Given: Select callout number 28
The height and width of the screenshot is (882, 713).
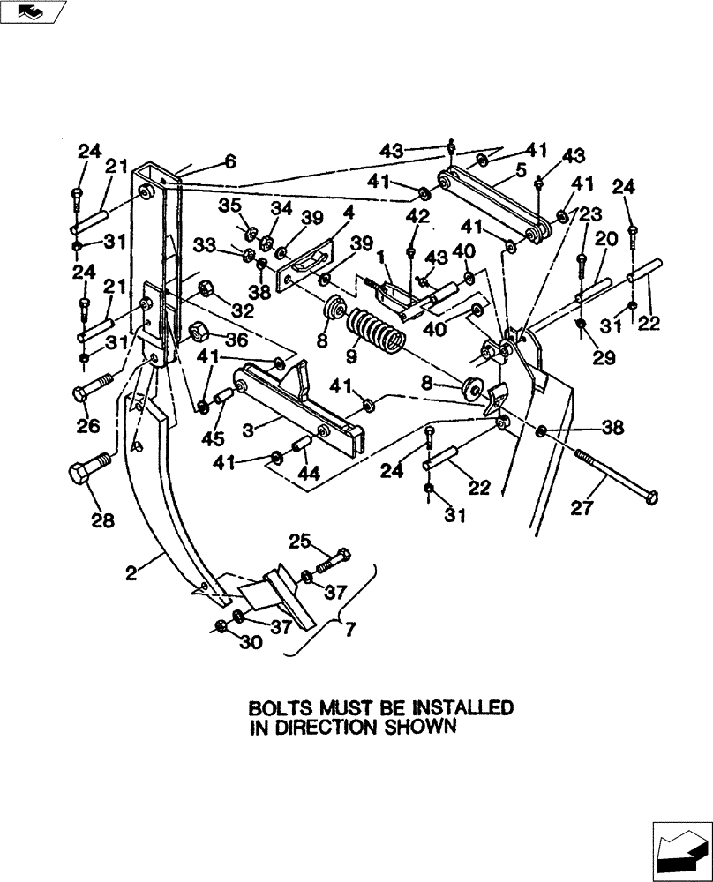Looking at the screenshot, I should click(103, 520).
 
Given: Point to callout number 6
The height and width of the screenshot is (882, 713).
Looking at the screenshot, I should click(230, 161).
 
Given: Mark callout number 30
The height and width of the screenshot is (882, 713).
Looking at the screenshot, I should click(251, 643).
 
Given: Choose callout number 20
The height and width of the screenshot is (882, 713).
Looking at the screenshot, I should click(606, 237).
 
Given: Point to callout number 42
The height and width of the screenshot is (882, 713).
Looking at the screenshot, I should click(417, 215).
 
